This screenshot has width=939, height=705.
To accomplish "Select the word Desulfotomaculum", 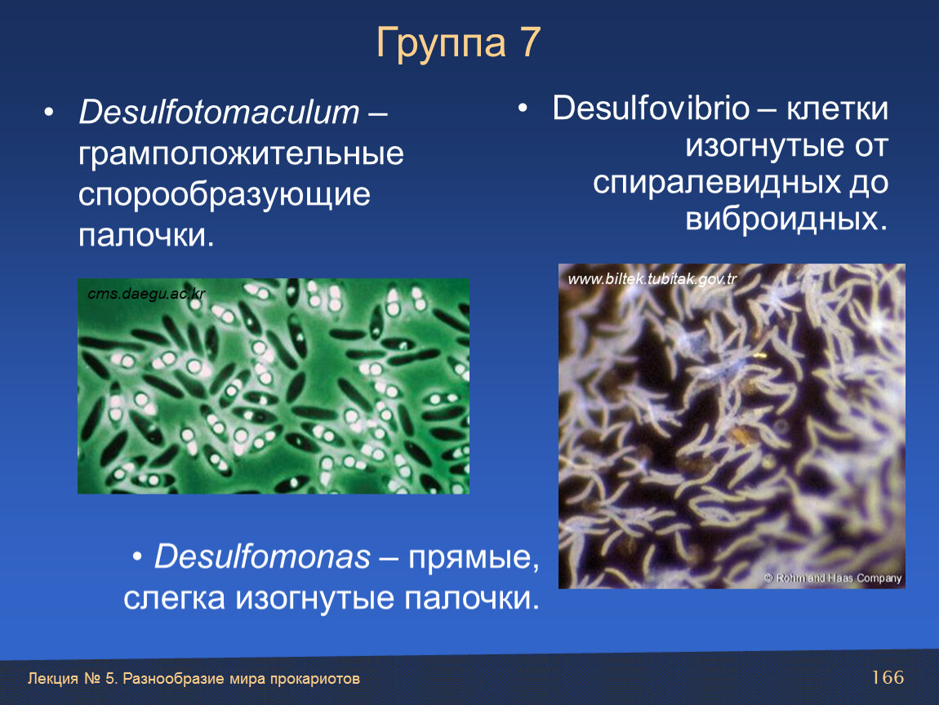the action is click(219, 112).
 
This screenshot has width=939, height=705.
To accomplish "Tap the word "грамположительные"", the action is click(241, 155).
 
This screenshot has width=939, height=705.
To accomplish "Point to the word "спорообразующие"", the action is click(224, 195).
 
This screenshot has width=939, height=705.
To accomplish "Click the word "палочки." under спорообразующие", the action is click(146, 235).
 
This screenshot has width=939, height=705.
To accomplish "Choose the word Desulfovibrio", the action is click(651, 109).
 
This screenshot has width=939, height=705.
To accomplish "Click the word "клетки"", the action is click(837, 109).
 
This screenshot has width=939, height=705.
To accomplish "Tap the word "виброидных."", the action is click(786, 219).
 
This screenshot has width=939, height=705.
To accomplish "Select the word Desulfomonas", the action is click(262, 557).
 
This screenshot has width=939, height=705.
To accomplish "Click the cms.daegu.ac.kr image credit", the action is click(146, 294).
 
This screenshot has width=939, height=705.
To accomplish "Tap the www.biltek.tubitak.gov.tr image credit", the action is click(652, 279).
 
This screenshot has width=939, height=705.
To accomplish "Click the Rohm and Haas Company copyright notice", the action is click(833, 579).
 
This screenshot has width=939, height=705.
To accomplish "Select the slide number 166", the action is click(888, 677).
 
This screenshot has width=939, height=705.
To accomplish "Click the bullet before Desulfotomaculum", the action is click(49, 112).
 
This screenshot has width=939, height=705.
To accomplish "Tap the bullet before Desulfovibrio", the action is click(523, 109).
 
